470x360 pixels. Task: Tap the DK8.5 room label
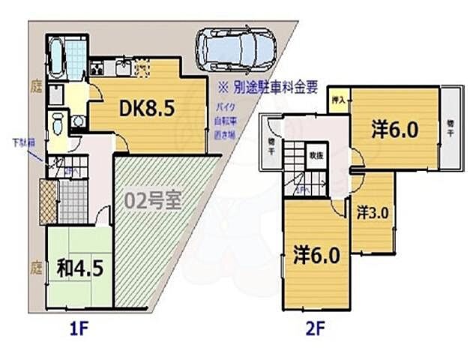tap(148, 109)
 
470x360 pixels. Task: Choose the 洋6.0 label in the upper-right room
tap(394, 129)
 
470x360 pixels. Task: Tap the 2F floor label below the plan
tap(313, 327)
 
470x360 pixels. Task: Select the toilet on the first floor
tap(57, 122)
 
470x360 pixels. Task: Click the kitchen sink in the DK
tap(124, 68)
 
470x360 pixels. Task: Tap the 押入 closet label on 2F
tap(337, 99)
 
